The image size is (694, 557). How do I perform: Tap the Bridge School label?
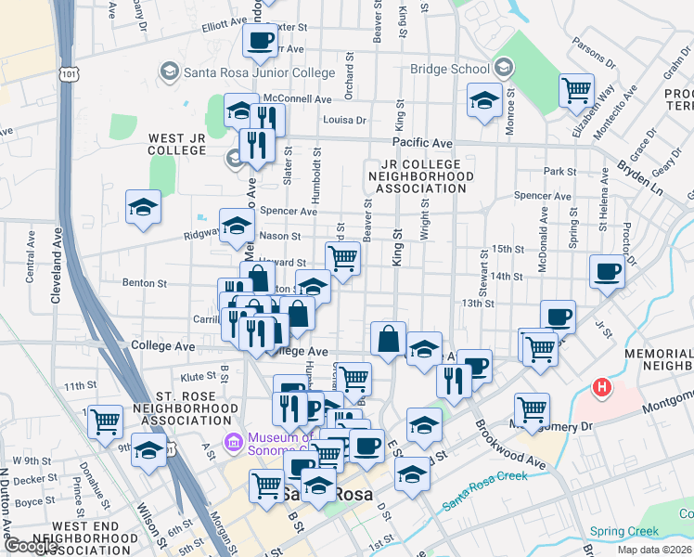tap(450, 69)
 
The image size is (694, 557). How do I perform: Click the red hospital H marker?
tap(601, 386)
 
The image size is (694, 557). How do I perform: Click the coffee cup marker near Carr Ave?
tap(260, 40)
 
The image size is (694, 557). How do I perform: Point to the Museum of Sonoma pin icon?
tap(232, 440)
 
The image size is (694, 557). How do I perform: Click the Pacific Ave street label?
tap(421, 143)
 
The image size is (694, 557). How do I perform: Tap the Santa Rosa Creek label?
tap(484, 490)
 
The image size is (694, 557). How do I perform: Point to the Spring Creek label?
tap(623, 532)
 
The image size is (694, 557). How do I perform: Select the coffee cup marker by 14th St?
tap(607, 272)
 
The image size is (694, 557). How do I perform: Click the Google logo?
tap(32, 547)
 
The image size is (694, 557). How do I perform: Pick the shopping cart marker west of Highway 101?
tap(105, 421)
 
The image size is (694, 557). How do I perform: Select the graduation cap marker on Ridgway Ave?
tap(236, 225)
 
